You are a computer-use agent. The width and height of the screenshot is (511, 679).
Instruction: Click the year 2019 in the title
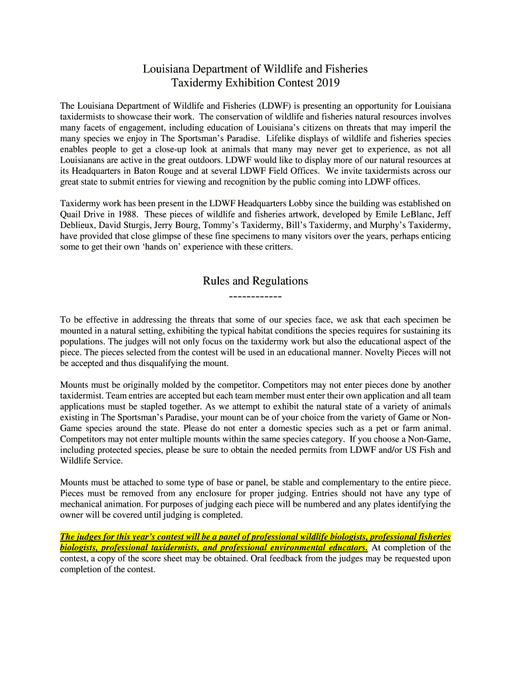click(x=328, y=83)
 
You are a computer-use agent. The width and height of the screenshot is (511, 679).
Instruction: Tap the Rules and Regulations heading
click(x=255, y=281)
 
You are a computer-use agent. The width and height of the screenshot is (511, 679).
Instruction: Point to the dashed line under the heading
click(x=255, y=296)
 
